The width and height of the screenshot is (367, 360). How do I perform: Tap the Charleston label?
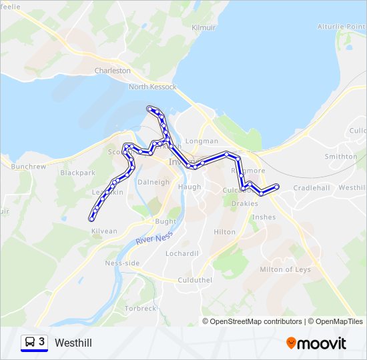pos(112,70)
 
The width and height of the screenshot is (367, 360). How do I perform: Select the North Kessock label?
pos(152,87)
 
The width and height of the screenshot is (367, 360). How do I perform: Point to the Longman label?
pos(201,141)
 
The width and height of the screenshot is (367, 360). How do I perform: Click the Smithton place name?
pos(340,157)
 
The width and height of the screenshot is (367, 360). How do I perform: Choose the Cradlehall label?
pos(311,188)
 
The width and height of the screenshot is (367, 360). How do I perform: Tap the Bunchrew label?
pos(27,166)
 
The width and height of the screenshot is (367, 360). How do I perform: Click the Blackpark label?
pos(77,173)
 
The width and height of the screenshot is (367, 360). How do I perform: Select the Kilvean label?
pos(104,231)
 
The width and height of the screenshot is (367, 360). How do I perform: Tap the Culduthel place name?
pos(195,280)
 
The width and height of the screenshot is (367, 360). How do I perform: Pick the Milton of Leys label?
pos(285,269)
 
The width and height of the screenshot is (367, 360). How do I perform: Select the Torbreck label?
pos(140,309)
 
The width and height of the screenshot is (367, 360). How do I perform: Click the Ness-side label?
pos(122,263)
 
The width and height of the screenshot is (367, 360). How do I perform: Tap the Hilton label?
pos(224,232)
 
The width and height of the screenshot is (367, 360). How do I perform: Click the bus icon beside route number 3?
pos(30,343)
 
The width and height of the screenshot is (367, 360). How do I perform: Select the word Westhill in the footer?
pos(73,343)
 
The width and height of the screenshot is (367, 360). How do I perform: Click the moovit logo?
pos(316,343)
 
